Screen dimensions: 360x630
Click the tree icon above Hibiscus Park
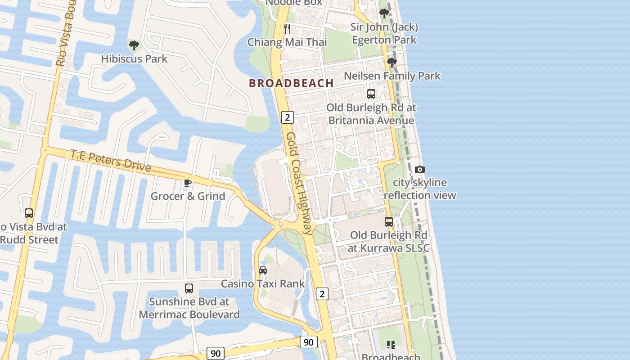point(134,45)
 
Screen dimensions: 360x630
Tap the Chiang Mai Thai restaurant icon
point(287,29)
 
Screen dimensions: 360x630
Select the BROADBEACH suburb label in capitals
point(291,83)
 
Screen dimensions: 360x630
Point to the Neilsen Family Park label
point(392,76)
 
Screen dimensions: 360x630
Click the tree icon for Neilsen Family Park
point(391,63)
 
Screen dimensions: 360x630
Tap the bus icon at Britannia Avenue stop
point(371,94)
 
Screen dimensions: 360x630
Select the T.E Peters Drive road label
point(111,160)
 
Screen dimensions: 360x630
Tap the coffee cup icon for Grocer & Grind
point(188,183)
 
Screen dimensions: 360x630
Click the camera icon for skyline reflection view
point(420,169)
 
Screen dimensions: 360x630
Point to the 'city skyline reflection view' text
point(420,189)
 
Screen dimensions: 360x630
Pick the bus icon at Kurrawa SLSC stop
point(389,222)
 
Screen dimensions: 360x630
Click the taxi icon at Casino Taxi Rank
point(263,270)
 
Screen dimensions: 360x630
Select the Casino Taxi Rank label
point(263,284)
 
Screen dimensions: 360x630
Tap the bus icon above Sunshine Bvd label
point(189,288)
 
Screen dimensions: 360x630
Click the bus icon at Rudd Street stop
point(29,213)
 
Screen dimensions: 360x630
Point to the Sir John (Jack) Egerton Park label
point(384,33)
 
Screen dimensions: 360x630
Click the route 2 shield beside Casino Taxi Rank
point(322,294)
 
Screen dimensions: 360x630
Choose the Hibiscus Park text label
point(134,58)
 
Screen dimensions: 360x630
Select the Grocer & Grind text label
point(188,196)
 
